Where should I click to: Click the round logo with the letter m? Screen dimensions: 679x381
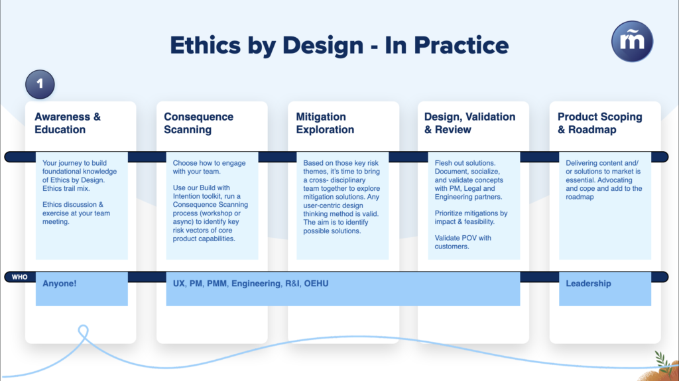632,42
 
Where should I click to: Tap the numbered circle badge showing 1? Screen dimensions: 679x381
40,84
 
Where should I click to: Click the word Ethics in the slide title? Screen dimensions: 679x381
206,45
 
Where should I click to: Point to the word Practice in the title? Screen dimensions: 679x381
462,45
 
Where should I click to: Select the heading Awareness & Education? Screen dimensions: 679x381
68,123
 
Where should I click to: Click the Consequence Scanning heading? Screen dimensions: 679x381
198,123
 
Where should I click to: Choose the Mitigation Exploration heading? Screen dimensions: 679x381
325,123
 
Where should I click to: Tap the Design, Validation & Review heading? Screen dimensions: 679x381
470,123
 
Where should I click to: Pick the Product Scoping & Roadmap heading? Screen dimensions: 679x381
599,123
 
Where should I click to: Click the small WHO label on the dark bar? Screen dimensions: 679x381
19,277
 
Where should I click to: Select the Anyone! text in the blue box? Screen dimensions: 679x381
59,284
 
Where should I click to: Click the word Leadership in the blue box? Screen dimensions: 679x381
588,284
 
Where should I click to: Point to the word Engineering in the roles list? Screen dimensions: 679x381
256,284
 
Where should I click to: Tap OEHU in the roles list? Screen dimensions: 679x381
316,284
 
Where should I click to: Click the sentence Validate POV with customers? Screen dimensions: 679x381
463,242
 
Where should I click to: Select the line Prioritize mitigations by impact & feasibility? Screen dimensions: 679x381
471,217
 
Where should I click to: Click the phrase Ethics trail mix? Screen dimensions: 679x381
66,188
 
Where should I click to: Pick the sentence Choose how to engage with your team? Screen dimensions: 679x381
209,167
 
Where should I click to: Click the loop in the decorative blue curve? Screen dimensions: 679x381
83,332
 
